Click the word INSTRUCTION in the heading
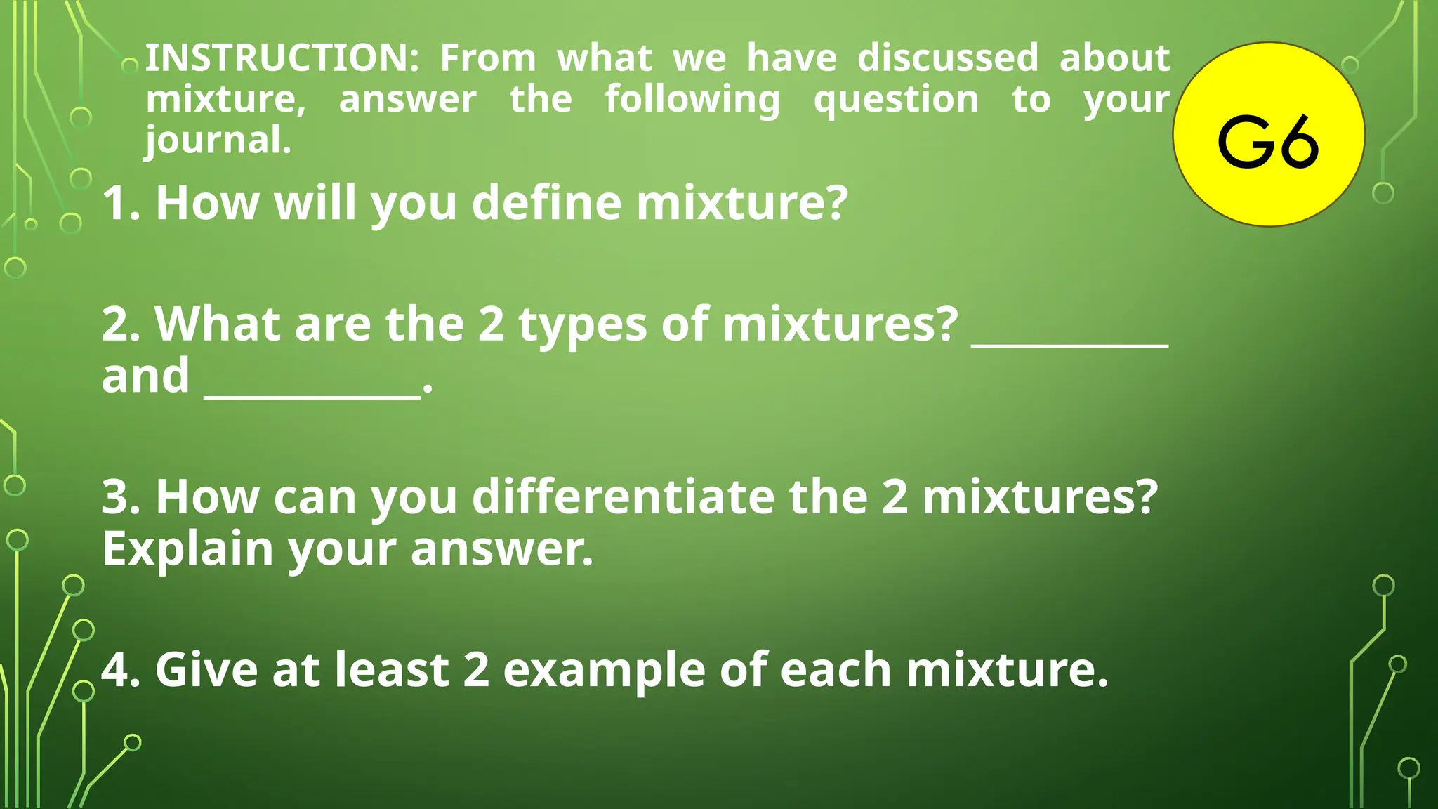[282, 58]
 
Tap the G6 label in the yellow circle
[1268, 142]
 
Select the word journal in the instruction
[218, 140]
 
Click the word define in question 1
[546, 203]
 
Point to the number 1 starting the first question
[116, 203]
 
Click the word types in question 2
[582, 325]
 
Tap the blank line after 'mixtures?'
[1069, 344]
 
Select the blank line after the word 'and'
[312, 396]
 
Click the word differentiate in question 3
[623, 497]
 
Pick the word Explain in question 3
[187, 548]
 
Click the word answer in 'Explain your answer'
[501, 548]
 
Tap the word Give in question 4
[206, 670]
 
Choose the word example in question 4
[604, 670]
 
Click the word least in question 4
[391, 670]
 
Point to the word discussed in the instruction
[948, 58]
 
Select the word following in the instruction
[692, 100]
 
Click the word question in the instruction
[896, 100]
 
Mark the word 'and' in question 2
[145, 376]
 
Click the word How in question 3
[207, 497]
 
